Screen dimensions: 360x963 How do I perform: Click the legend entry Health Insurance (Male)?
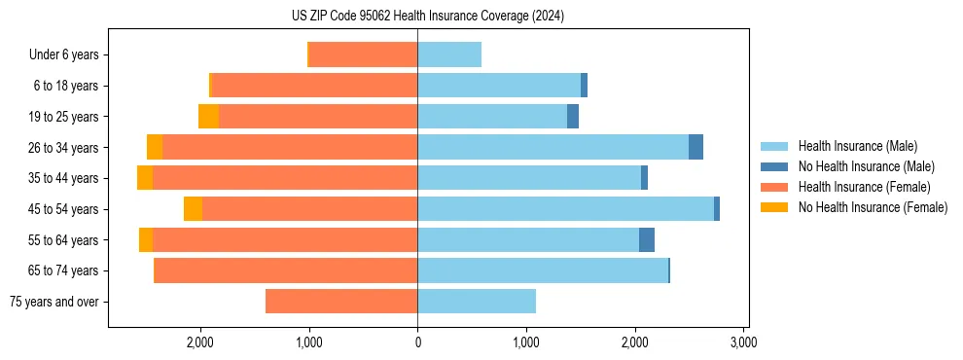click(857, 146)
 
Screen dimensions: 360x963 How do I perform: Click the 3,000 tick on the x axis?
click(743, 342)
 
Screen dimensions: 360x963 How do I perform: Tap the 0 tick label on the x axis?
click(417, 342)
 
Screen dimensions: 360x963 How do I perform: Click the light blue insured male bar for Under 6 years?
click(449, 55)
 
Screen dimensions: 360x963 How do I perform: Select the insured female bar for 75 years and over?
click(341, 302)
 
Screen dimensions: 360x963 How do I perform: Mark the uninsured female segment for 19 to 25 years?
click(208, 117)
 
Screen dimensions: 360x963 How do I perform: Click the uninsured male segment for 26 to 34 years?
click(695, 147)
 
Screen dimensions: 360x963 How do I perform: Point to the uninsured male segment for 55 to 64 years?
click(647, 240)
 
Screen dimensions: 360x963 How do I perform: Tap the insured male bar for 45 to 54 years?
click(565, 209)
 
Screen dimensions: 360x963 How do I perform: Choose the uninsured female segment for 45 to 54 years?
click(193, 209)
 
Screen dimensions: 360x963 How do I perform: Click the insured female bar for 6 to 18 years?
click(314, 86)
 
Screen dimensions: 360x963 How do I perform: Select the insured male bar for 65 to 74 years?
click(543, 270)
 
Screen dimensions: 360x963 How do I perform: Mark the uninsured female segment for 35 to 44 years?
click(145, 178)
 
